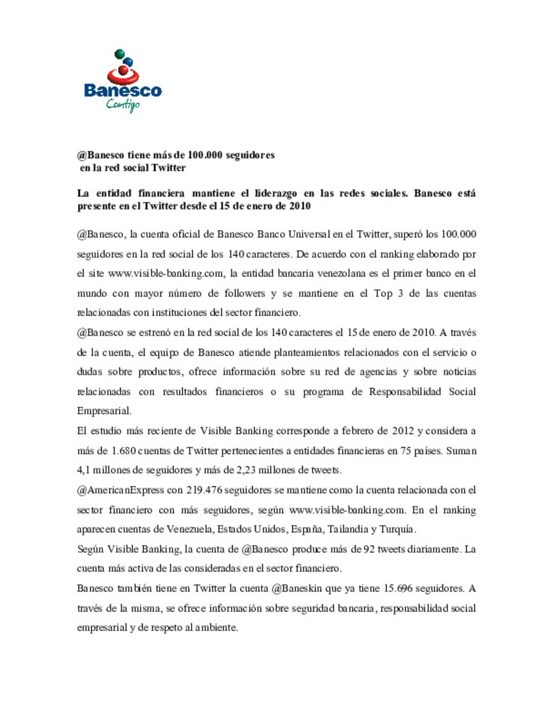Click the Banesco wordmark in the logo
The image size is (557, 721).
click(x=123, y=91)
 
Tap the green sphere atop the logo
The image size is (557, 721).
click(x=119, y=53)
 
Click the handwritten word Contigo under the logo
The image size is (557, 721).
click(x=123, y=105)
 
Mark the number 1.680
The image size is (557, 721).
click(x=124, y=451)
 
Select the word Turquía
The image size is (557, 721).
click(x=397, y=530)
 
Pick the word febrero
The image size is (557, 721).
click(x=357, y=431)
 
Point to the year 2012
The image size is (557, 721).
click(x=403, y=431)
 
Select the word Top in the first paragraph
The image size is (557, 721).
click(x=383, y=293)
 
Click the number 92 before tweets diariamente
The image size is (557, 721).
click(x=369, y=549)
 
